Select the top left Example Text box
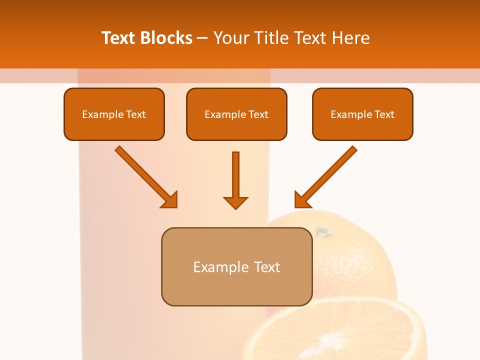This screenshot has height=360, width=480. coord(114,114)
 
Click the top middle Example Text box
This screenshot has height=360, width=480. coord(236,114)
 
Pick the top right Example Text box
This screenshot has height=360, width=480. coord(362,114)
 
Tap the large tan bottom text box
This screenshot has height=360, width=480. coord(236,266)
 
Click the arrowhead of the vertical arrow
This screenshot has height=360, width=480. coord(236,202)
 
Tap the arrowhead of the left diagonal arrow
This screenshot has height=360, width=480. coord(170,200)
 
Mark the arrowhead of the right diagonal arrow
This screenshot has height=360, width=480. coord(302,200)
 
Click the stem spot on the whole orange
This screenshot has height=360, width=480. coord(324,232)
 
